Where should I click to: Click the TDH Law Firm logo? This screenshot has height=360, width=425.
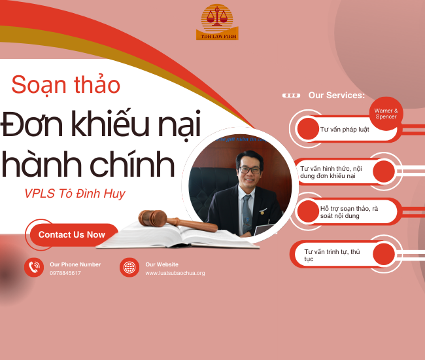217,22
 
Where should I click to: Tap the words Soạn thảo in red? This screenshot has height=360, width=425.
65,84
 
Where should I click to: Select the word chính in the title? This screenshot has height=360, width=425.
139,164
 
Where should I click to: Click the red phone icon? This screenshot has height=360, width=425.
34,267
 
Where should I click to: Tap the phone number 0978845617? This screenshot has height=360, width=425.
65,273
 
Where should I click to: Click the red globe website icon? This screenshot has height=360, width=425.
129,267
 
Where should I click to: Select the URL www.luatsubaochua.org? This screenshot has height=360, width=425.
175,273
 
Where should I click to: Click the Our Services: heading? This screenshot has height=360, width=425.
336,96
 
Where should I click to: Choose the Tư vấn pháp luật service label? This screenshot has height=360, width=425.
345,129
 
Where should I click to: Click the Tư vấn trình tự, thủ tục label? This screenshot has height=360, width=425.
332,255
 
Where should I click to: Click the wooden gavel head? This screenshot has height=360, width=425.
152,217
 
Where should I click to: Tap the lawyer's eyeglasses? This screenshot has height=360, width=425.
248,170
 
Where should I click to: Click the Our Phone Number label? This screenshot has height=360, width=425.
75,264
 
